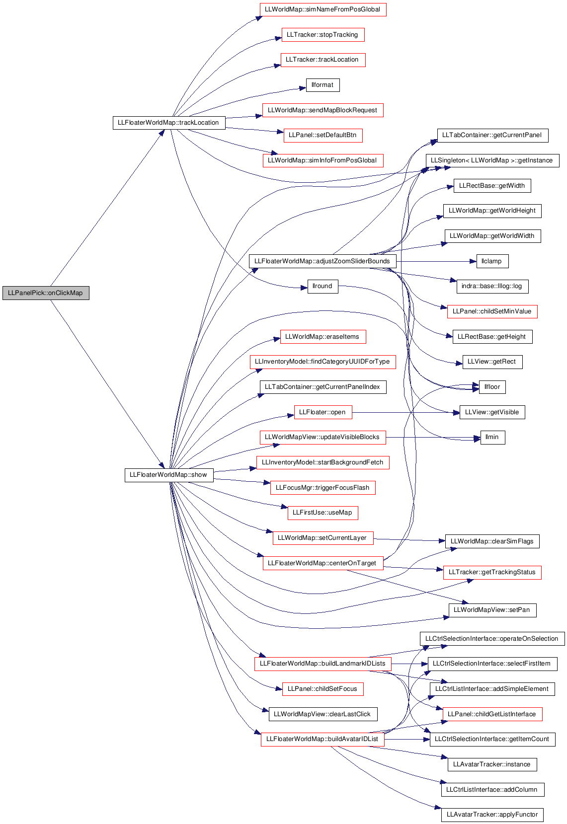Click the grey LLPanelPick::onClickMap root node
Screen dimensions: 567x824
click(x=46, y=293)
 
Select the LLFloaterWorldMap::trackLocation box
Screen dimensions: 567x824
click(x=169, y=123)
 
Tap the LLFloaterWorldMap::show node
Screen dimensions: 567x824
click(x=169, y=475)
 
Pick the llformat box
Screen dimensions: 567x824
click(x=323, y=85)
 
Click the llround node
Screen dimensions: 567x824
click(x=323, y=286)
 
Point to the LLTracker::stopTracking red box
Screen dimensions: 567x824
click(x=323, y=35)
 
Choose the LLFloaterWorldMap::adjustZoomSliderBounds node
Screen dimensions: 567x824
click(x=323, y=261)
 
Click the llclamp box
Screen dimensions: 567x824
click(x=492, y=261)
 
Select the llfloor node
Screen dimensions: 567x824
click(x=492, y=387)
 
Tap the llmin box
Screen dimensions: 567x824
click(x=492, y=438)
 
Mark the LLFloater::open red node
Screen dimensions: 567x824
click(x=323, y=412)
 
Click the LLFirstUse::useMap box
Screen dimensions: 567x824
click(x=323, y=513)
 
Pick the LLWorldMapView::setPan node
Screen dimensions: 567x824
click(x=492, y=610)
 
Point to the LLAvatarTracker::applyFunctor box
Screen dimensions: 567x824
click(x=492, y=815)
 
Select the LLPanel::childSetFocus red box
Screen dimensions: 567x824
click(x=323, y=689)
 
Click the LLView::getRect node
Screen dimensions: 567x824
click(x=492, y=362)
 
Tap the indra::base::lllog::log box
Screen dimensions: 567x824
click(x=492, y=287)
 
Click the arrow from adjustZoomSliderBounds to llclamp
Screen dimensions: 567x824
click(x=436, y=262)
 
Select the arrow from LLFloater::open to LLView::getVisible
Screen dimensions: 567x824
click(x=406, y=412)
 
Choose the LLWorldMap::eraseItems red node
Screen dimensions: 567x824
click(x=323, y=337)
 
